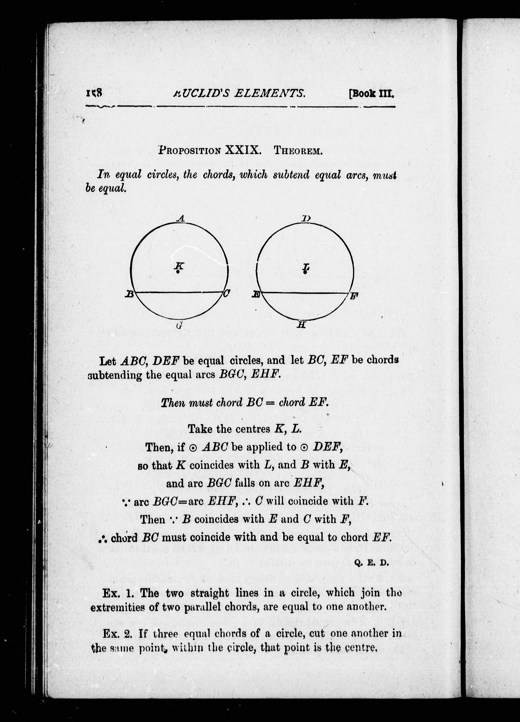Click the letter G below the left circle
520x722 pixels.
(179, 325)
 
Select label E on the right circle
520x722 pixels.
(256, 295)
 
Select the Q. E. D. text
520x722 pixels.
(371, 563)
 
